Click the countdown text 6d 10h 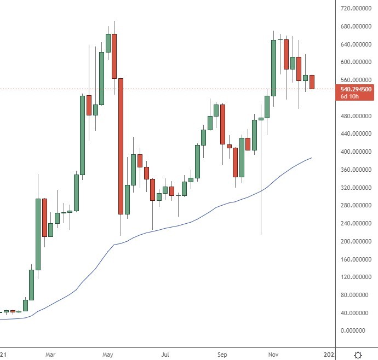(x=350, y=96)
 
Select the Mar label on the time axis (x=50, y=355)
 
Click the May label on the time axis (x=108, y=355)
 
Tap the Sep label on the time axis (x=222, y=355)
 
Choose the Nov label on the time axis (x=273, y=355)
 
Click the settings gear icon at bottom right (x=358, y=355)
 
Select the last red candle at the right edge (x=312, y=82)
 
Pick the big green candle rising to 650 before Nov (x=273, y=68)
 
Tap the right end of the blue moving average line (x=312, y=158)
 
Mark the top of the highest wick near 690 (x=114, y=21)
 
